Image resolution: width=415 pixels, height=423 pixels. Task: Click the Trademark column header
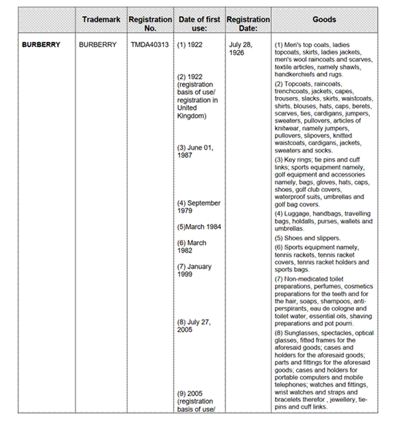pyautogui.click(x=101, y=20)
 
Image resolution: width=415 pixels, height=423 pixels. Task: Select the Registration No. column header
pyautogui.click(x=150, y=24)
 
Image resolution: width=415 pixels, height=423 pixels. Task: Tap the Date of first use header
pyautogui.click(x=199, y=24)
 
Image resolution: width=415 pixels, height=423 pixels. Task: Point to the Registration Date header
pyautogui.click(x=248, y=24)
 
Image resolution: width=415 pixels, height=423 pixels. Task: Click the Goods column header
pyautogui.click(x=324, y=20)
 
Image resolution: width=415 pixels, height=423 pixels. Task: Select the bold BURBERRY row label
pyautogui.click(x=41, y=45)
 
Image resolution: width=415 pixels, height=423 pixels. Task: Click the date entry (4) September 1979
pyautogui.click(x=199, y=207)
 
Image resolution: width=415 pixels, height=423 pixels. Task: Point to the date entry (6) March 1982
pyautogui.click(x=192, y=246)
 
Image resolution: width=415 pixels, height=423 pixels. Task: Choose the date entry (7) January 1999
pyautogui.click(x=195, y=270)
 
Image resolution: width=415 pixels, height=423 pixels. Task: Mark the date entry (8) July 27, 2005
pyautogui.click(x=194, y=325)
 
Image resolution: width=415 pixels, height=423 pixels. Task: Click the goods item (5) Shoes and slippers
pyautogui.click(x=307, y=238)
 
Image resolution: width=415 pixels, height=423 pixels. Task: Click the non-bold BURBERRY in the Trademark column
pyautogui.click(x=97, y=45)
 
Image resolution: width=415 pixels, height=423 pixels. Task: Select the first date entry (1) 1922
pyautogui.click(x=190, y=45)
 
